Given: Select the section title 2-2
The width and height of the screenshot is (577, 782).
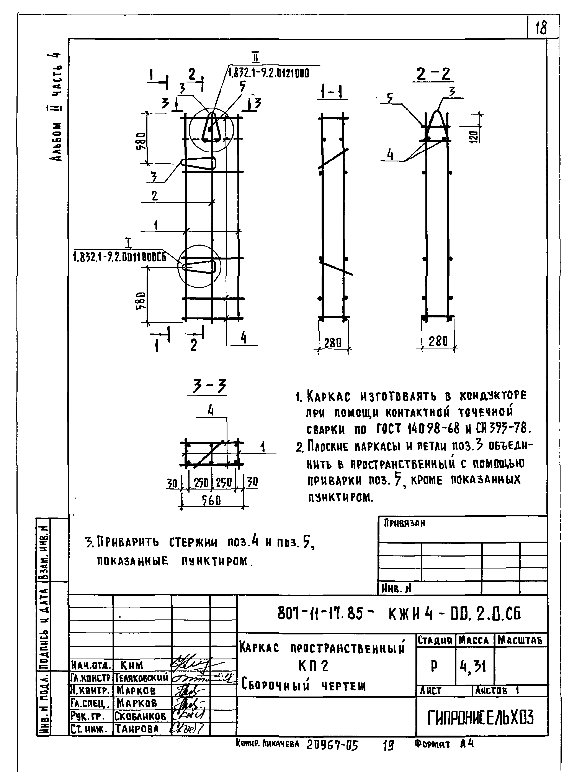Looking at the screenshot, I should coord(433,74).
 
